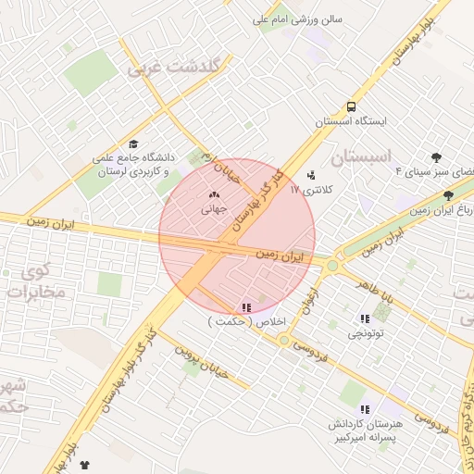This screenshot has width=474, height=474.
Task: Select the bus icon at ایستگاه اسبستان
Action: click(x=351, y=106)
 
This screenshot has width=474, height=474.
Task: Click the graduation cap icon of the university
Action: click(x=134, y=144)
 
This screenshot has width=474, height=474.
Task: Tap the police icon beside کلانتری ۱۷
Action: click(x=311, y=174)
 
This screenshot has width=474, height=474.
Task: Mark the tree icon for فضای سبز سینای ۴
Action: click(x=436, y=157)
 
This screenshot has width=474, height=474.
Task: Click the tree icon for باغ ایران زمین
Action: click(x=449, y=195)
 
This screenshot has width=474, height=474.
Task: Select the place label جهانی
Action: click(x=214, y=209)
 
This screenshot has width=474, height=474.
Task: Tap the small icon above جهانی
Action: click(x=215, y=195)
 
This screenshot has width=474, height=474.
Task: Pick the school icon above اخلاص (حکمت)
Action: click(x=245, y=307)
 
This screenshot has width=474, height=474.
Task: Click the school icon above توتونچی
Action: click(x=364, y=318)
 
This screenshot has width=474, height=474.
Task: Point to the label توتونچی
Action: click(x=363, y=332)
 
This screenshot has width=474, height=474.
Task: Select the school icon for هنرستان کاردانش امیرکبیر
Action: click(x=364, y=408)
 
